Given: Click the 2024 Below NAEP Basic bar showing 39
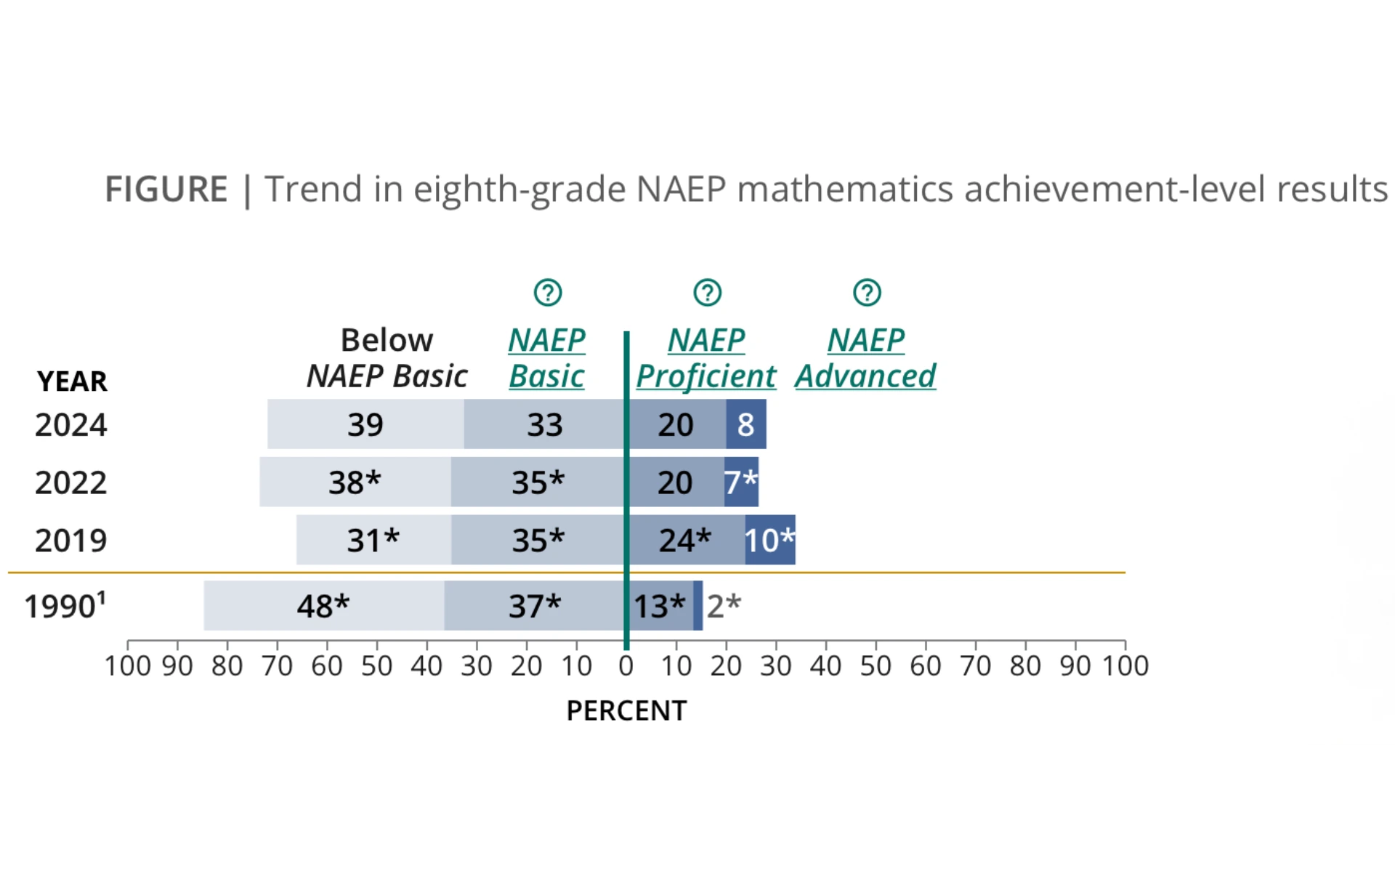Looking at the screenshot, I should [365, 424].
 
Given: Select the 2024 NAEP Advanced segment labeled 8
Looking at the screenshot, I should [745, 424].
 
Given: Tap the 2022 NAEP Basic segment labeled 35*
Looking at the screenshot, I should [538, 482].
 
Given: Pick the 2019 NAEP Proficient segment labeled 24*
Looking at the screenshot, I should [685, 541].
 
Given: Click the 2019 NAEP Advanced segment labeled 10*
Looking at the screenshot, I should [769, 541].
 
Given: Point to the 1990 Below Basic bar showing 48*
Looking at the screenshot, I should [323, 606].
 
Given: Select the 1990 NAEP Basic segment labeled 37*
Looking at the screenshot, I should [535, 606].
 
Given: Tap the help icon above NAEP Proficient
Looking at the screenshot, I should [707, 293].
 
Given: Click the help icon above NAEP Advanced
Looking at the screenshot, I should [867, 293].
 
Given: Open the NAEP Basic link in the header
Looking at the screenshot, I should [546, 358].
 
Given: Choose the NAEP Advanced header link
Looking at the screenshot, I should [865, 358].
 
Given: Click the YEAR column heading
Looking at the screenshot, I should [72, 381].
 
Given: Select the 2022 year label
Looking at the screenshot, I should [70, 483].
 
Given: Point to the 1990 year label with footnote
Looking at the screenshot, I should [65, 606].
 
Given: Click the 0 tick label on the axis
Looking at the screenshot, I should [626, 666].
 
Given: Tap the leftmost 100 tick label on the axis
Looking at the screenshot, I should [127, 666].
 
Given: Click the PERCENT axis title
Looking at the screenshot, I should [626, 711].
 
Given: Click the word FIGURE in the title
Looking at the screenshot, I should [166, 190].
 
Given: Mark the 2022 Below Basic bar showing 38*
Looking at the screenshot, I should [355, 482].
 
